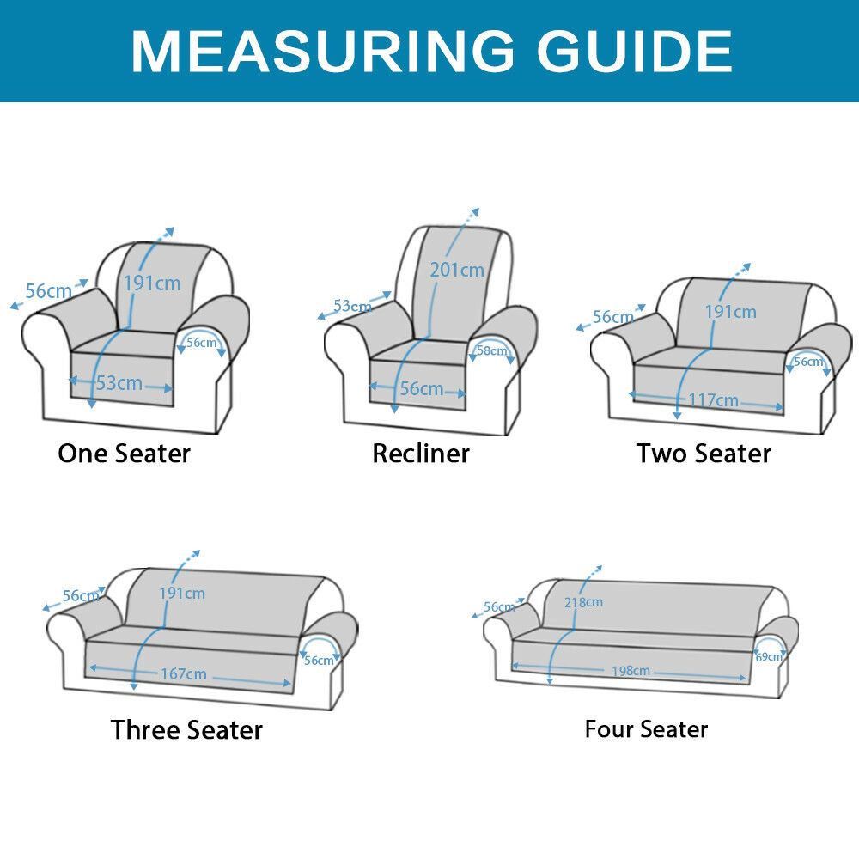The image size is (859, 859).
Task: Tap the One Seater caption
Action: click(124, 454)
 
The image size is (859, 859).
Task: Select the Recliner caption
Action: click(421, 454)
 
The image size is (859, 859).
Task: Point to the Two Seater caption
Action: click(704, 454)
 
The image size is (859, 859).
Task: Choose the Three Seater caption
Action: click(186, 729)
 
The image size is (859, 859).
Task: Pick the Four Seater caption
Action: click(646, 729)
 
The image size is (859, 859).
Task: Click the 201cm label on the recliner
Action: click(457, 270)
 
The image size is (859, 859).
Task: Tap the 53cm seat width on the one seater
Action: click(119, 382)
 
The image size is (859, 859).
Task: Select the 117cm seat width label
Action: click(713, 400)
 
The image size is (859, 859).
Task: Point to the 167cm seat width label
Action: click(184, 673)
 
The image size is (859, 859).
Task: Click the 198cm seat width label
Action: click(631, 671)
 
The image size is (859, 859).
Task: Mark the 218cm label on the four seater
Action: click(583, 602)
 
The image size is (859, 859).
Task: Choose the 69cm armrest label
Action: click(769, 656)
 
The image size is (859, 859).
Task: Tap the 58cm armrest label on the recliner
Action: click(491, 350)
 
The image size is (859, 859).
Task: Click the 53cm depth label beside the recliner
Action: click(352, 306)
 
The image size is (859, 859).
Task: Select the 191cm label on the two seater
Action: click(730, 312)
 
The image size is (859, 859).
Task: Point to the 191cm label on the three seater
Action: click(182, 594)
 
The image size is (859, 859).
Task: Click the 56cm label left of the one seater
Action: click(49, 291)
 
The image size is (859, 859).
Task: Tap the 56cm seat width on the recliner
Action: click(421, 388)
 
